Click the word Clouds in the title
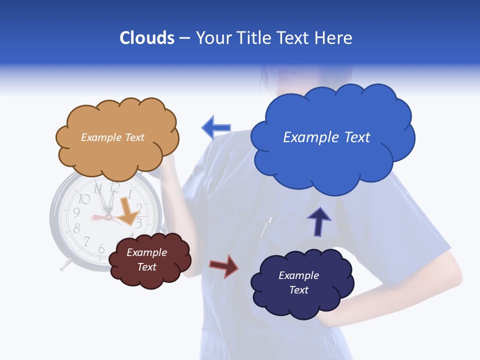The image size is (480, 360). point(147,38)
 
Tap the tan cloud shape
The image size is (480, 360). point(117,150)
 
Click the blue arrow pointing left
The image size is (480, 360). point(216,128)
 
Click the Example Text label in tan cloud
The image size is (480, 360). point(112,137)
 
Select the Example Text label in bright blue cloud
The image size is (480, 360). point(326,137)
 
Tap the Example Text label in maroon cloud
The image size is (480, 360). point(146,259)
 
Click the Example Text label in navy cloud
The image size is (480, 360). point(298,282)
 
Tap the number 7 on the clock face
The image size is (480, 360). point(86,242)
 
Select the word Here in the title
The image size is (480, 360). point(334,38)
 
